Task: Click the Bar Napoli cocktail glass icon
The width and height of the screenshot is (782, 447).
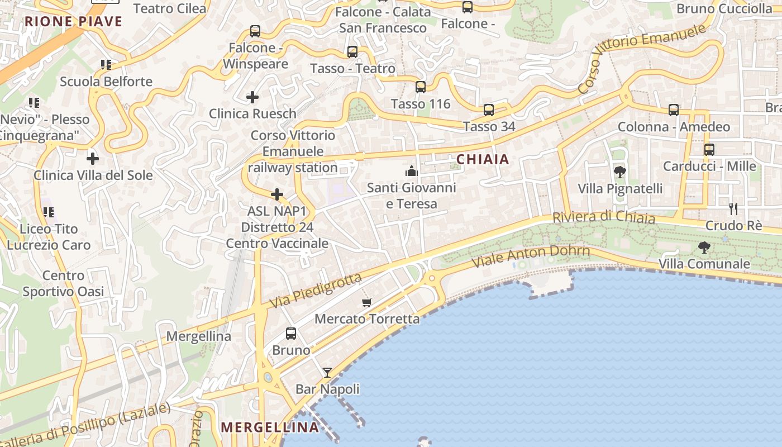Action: (x=327, y=373)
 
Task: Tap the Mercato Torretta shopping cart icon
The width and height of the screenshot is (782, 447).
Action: (x=367, y=303)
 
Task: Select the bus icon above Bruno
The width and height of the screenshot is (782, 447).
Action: (x=291, y=334)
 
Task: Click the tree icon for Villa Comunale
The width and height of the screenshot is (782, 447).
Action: (x=704, y=247)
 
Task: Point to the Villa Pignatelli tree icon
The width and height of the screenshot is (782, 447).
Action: (x=619, y=172)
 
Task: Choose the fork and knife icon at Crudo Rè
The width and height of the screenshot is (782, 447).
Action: (x=733, y=209)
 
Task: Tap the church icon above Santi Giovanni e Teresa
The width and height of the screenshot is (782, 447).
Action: (x=412, y=170)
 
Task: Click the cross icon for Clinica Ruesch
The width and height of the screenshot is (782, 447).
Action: (x=252, y=97)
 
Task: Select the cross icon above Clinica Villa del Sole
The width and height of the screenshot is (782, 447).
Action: (x=93, y=158)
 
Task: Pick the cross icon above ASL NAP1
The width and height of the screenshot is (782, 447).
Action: (x=277, y=194)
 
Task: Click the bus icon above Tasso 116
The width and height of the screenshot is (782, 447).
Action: (x=421, y=87)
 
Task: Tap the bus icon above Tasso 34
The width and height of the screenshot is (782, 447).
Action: (x=489, y=110)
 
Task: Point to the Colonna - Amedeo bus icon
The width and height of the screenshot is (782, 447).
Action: (x=674, y=110)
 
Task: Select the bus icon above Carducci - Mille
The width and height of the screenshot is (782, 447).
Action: (x=709, y=150)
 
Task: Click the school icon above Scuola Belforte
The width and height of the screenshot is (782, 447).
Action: (x=106, y=65)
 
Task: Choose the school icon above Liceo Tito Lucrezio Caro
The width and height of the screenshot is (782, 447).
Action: (x=49, y=212)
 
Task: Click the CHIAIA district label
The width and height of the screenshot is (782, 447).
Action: (x=483, y=159)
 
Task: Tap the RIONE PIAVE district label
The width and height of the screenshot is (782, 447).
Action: (x=74, y=22)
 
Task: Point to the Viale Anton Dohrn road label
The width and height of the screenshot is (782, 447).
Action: (x=531, y=256)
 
